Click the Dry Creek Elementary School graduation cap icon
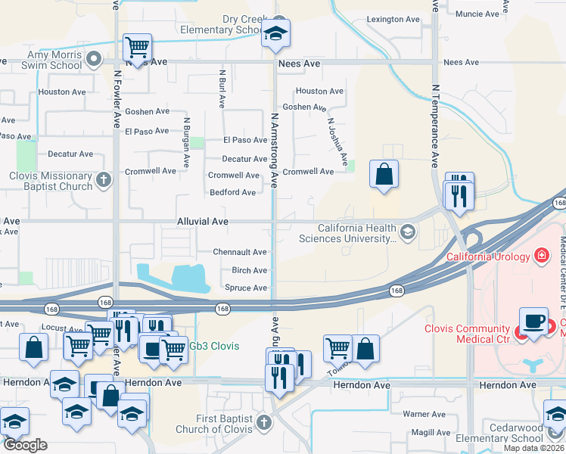point(276,33)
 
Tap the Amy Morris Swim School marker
point(94,58)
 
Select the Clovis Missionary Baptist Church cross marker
point(104,180)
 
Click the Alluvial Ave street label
point(202,222)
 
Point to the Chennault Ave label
point(240,252)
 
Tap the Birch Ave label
point(249,270)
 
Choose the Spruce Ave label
point(246,288)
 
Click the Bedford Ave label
point(233,193)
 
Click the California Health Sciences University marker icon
point(409,232)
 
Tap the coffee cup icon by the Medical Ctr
point(533,321)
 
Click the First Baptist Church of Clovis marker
point(263,421)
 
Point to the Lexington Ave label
point(393,19)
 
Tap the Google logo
point(25,445)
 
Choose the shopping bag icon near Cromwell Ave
point(384,175)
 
